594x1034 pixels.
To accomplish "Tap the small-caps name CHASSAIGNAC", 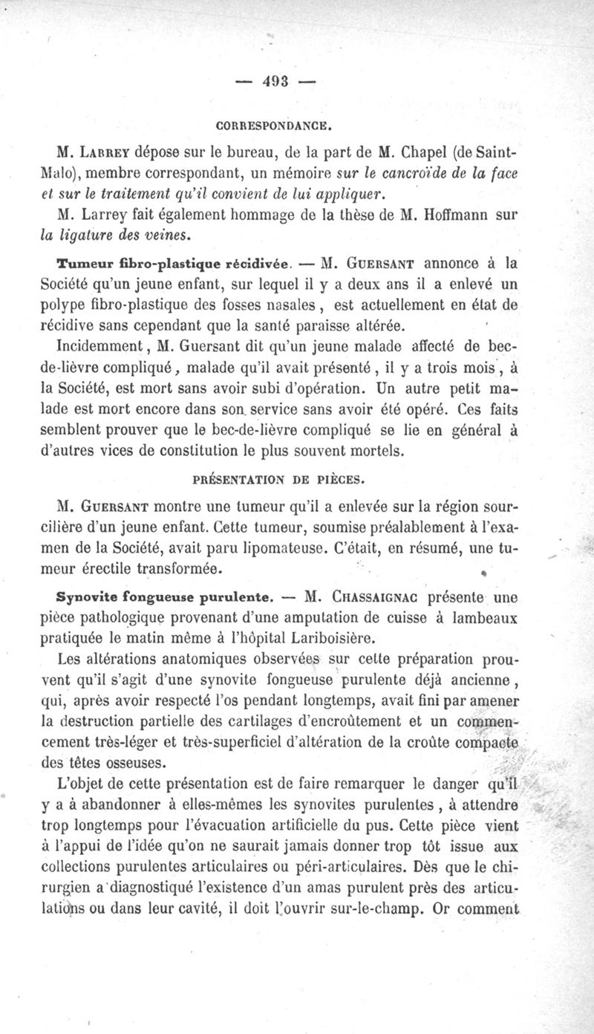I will pos(376,596).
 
